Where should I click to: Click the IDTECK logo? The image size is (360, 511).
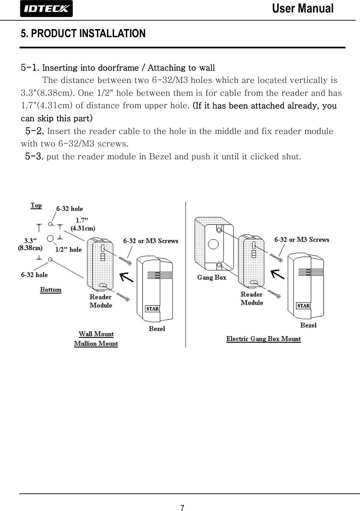pyautogui.click(x=46, y=9)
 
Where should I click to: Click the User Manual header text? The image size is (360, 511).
pyautogui.click(x=302, y=8)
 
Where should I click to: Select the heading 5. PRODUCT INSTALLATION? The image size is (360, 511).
pyautogui.click(x=83, y=33)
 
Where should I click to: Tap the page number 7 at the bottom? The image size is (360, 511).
pyautogui.click(x=182, y=507)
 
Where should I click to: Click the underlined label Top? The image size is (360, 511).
pyautogui.click(x=36, y=205)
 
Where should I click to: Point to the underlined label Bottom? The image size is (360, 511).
pyautogui.click(x=51, y=289)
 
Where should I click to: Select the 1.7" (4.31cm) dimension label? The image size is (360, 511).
pyautogui.click(x=83, y=224)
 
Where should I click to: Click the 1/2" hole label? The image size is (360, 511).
pyautogui.click(x=68, y=250)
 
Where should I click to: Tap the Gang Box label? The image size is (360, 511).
pyautogui.click(x=212, y=278)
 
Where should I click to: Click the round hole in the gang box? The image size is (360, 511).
pyautogui.click(x=213, y=243)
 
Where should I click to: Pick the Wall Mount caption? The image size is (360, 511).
pyautogui.click(x=96, y=334)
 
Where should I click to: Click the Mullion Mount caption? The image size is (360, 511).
pyautogui.click(x=96, y=344)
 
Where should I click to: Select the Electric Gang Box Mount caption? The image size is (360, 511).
pyautogui.click(x=263, y=339)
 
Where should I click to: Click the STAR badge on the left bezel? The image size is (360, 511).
pyautogui.click(x=152, y=309)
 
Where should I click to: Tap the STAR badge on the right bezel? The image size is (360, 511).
pyautogui.click(x=303, y=306)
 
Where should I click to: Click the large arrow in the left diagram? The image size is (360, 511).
pyautogui.click(x=127, y=277)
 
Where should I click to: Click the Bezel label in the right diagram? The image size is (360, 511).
pyautogui.click(x=308, y=325)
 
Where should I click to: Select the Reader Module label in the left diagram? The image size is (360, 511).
pyautogui.click(x=100, y=301)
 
